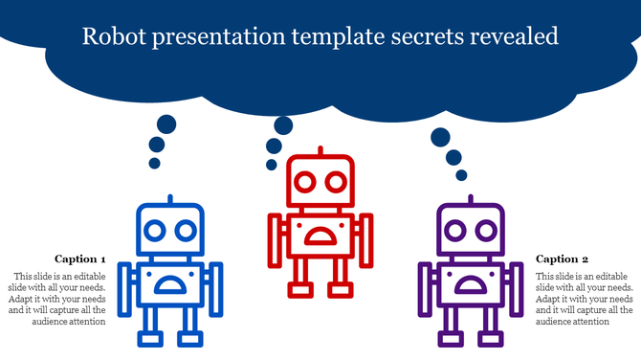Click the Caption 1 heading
tap(80, 259)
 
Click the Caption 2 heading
tap(563, 259)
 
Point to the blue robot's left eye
tap(155, 230)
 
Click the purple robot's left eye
tap(456, 230)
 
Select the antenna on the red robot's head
tap(320, 151)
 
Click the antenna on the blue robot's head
tap(169, 200)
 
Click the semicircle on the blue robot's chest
tap(169, 283)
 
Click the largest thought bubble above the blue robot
tap(166, 124)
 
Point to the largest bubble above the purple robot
tap(440, 137)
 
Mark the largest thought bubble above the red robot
tap(283, 125)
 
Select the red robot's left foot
tap(302, 289)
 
